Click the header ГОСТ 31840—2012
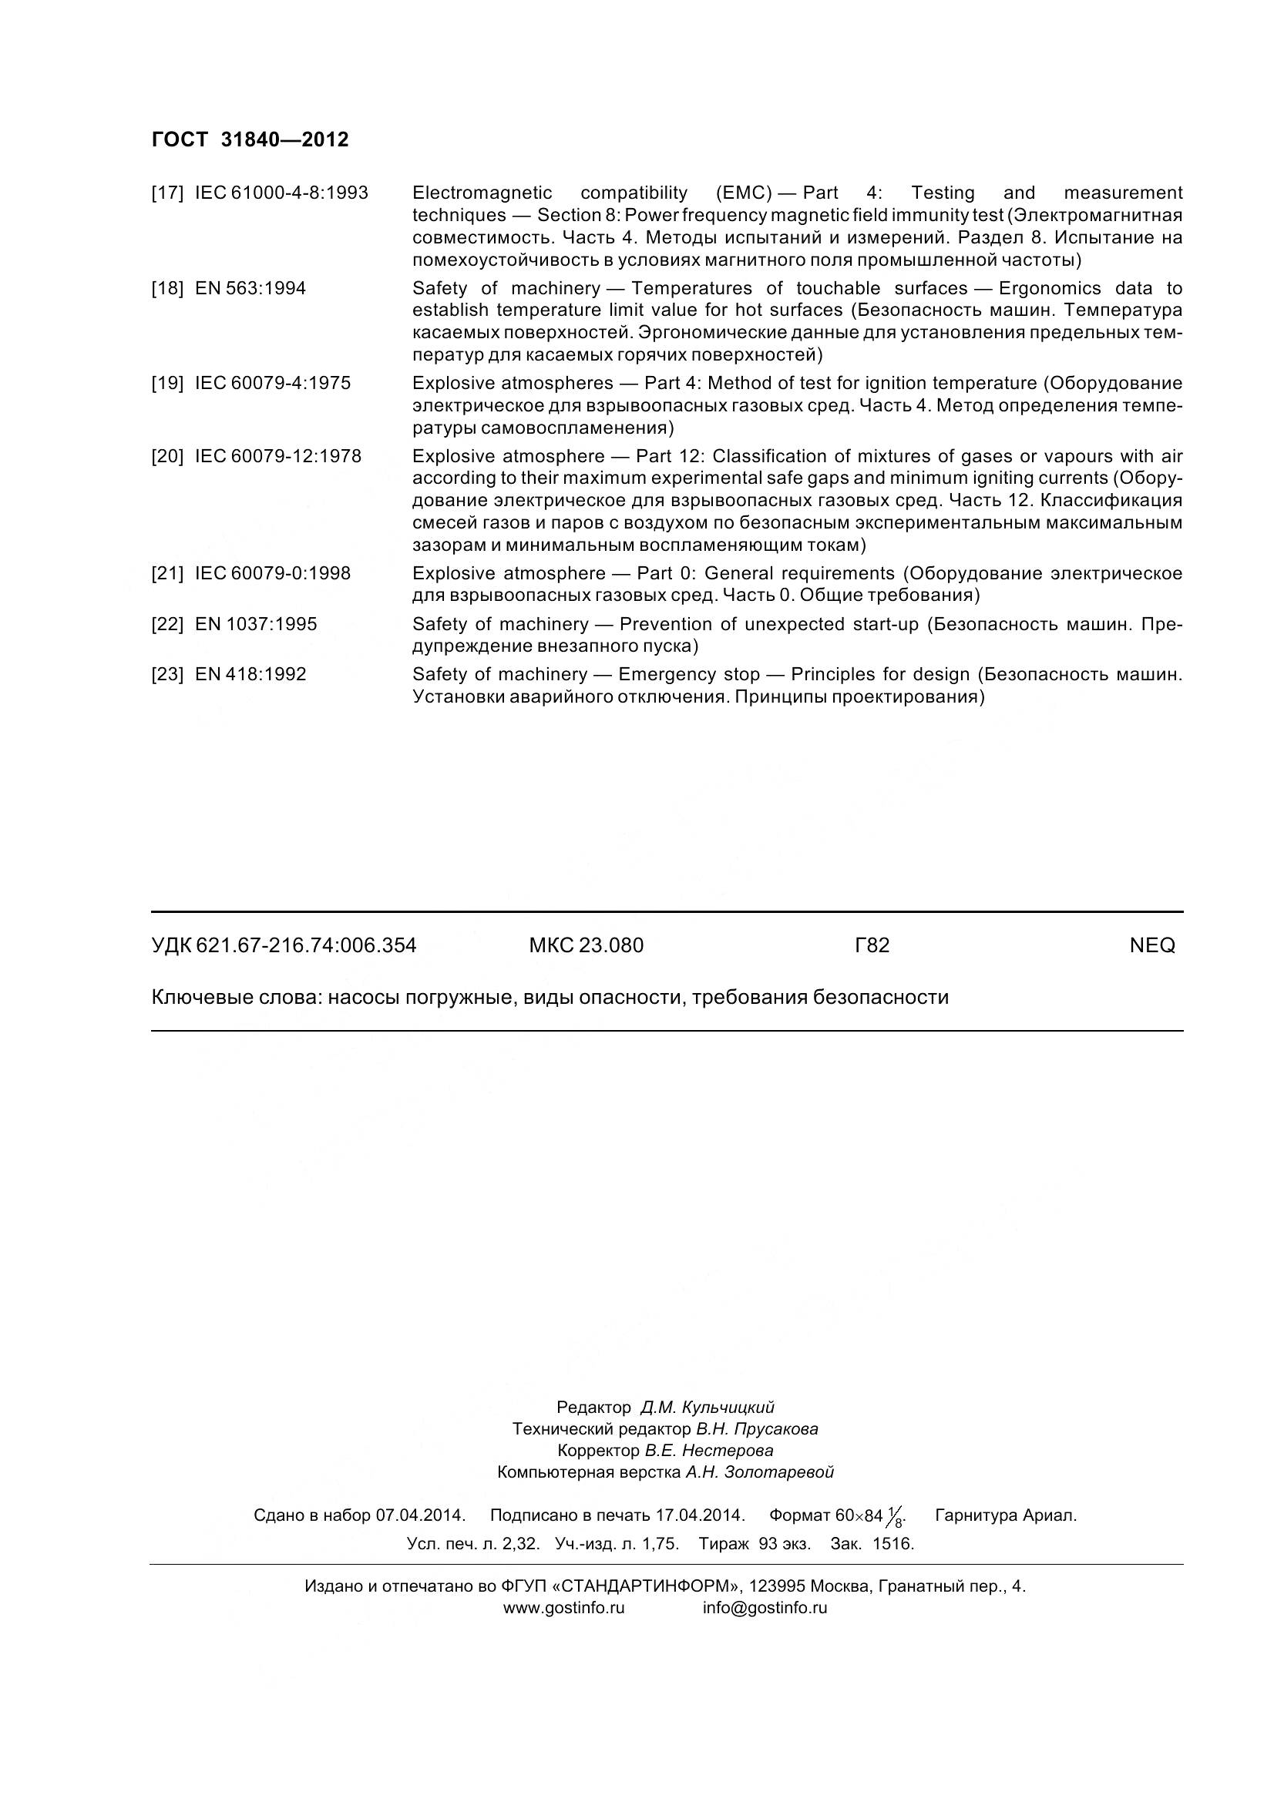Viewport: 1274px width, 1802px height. coord(250,139)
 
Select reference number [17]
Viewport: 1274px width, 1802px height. coord(167,193)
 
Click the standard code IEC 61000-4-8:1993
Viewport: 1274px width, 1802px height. coord(281,193)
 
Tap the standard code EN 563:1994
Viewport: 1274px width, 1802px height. coord(250,289)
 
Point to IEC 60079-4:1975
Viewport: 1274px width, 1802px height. coord(272,384)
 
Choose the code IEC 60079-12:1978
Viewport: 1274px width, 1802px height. coord(278,457)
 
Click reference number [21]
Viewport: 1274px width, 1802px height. coord(167,574)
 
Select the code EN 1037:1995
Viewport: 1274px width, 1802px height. coord(256,625)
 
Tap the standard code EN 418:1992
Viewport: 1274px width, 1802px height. coord(250,675)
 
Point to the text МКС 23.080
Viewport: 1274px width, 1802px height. coord(587,946)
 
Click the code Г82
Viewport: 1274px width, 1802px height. coord(872,946)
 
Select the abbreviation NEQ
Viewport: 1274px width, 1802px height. coord(1152,946)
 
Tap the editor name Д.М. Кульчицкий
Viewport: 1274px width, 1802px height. coord(708,1408)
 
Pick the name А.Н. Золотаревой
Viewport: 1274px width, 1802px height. coord(759,1473)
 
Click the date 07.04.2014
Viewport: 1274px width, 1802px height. coord(421,1515)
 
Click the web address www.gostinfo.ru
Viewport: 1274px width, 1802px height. coord(563,1608)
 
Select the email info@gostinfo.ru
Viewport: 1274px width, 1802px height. coord(765,1608)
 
